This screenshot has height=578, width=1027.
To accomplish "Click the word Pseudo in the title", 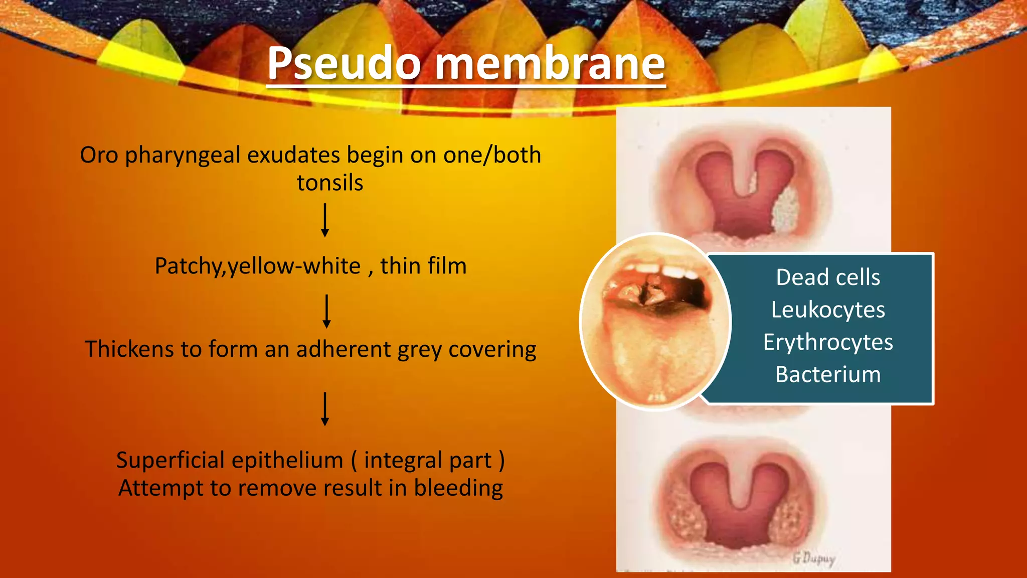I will click(x=344, y=64).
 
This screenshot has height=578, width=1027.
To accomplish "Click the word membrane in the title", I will click(x=550, y=64).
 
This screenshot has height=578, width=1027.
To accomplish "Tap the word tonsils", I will click(x=329, y=183).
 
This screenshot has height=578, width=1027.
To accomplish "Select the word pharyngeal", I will click(x=183, y=156).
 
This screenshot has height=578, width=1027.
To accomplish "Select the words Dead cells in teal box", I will click(x=828, y=277).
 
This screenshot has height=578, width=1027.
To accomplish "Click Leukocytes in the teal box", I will click(x=828, y=310).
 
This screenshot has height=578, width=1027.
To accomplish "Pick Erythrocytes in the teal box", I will click(x=828, y=343).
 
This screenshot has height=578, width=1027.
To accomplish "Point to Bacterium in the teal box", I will click(x=828, y=375).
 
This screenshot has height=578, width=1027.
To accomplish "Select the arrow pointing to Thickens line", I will click(x=326, y=311).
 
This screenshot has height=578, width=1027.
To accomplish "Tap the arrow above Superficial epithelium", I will click(x=325, y=409).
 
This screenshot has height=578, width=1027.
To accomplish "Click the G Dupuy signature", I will click(x=814, y=558).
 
